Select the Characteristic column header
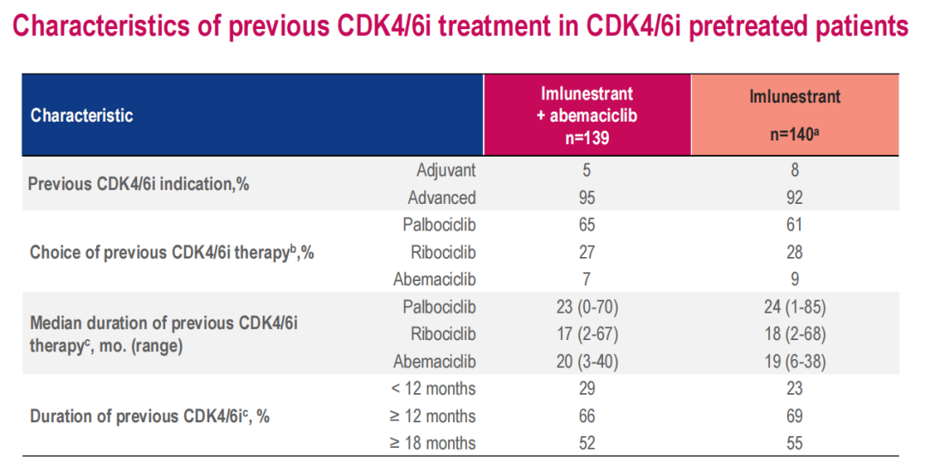click(82, 116)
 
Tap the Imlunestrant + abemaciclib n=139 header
click(587, 116)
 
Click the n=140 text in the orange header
click(794, 134)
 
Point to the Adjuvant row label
click(445, 170)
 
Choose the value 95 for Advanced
click(587, 198)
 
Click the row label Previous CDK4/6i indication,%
click(139, 184)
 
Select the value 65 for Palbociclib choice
click(587, 225)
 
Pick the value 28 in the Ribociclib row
click(795, 253)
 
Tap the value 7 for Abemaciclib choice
click(587, 279)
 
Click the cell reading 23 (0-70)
click(587, 307)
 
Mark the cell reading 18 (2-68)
click(795, 334)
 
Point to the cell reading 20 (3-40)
click(587, 361)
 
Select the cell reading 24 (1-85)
click(795, 307)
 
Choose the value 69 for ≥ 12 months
click(795, 416)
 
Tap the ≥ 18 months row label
click(433, 444)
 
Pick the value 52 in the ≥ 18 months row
click(587, 444)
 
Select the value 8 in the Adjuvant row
click(795, 170)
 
